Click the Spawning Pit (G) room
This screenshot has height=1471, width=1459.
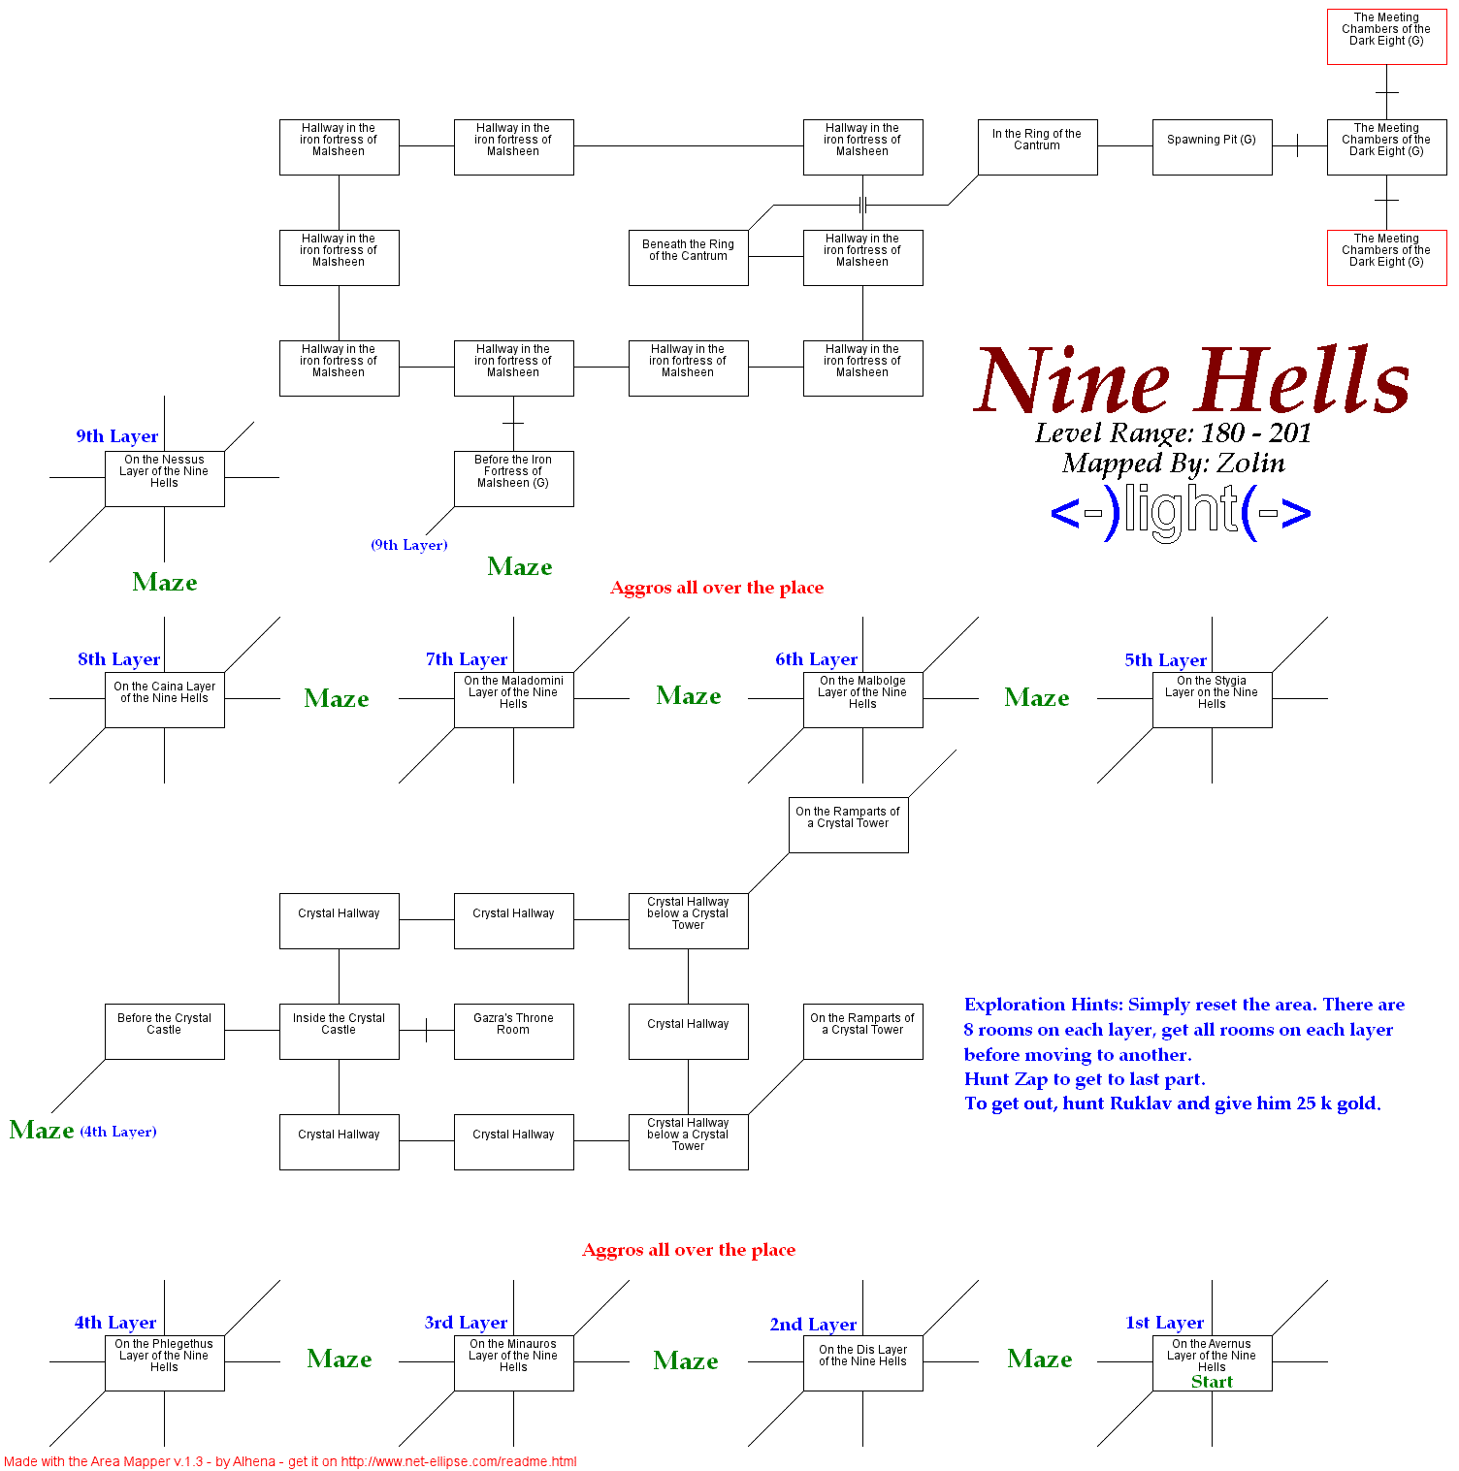pyautogui.click(x=1212, y=147)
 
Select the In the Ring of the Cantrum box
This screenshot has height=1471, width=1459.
pyautogui.click(x=1037, y=147)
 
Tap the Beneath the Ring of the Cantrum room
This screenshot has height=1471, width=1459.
pyautogui.click(x=688, y=257)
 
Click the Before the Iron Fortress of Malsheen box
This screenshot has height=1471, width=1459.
pyautogui.click(x=513, y=478)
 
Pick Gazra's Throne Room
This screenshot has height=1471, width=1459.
pyautogui.click(x=513, y=1031)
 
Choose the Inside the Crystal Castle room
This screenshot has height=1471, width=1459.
pyautogui.click(x=339, y=1031)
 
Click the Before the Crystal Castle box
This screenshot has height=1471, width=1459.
pyautogui.click(x=164, y=1031)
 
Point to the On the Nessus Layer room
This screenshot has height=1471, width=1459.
pyautogui.click(x=164, y=478)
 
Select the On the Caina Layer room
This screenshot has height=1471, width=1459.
pyautogui.click(x=164, y=699)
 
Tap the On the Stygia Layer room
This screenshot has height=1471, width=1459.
pyautogui.click(x=1212, y=699)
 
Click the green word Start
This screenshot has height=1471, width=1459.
pyautogui.click(x=1212, y=1382)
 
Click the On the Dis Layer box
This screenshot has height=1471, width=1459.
pyautogui.click(x=862, y=1362)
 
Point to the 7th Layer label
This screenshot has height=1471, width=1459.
pyautogui.click(x=466, y=659)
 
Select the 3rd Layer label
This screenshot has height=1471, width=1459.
pyautogui.click(x=466, y=1323)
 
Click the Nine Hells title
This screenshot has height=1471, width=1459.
pyautogui.click(x=1192, y=381)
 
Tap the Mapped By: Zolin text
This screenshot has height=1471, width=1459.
pyautogui.click(x=1173, y=464)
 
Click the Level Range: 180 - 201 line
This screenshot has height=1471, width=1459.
pyautogui.click(x=1173, y=432)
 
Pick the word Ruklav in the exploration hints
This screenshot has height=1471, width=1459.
pyautogui.click(x=1141, y=1103)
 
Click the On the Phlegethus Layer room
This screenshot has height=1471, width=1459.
pyautogui.click(x=164, y=1362)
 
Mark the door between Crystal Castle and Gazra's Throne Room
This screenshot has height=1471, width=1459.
pyautogui.click(x=426, y=1030)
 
